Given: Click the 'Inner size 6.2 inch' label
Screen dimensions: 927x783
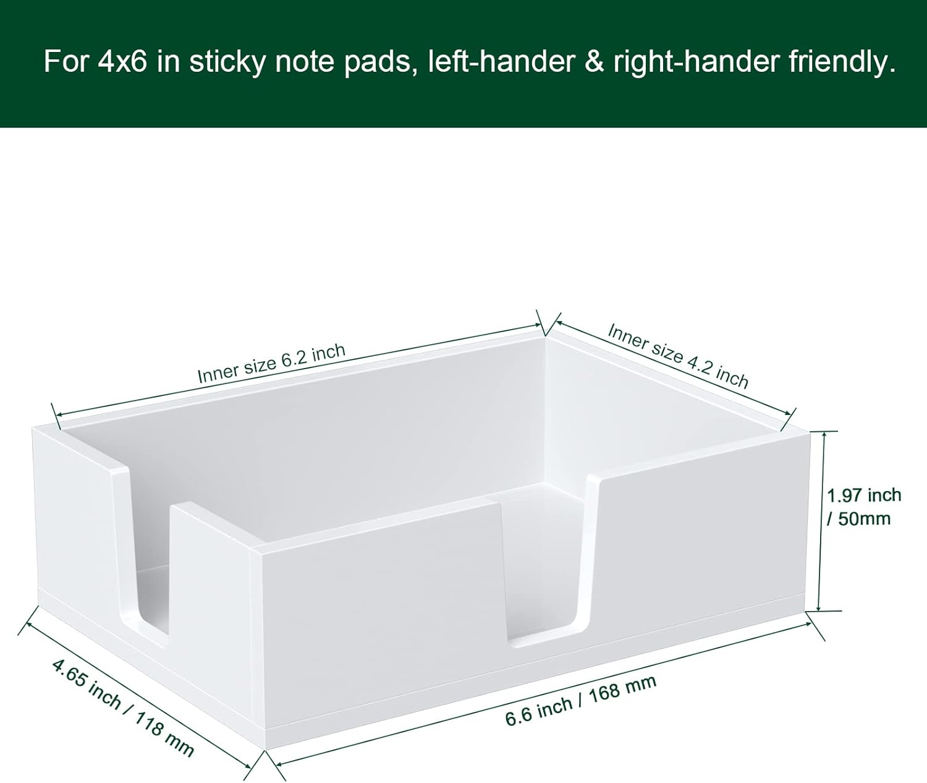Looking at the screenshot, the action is click(271, 364).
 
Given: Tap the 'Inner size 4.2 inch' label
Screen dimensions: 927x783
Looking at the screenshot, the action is click(677, 356).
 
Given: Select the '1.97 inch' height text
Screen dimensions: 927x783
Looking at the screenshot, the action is click(864, 495).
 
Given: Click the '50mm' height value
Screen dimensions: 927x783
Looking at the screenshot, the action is click(864, 519).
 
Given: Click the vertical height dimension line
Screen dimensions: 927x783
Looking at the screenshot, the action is click(822, 521).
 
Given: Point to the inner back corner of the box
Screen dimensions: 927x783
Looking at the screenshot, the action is click(546, 338).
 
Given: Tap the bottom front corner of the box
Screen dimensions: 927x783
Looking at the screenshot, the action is click(266, 751).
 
